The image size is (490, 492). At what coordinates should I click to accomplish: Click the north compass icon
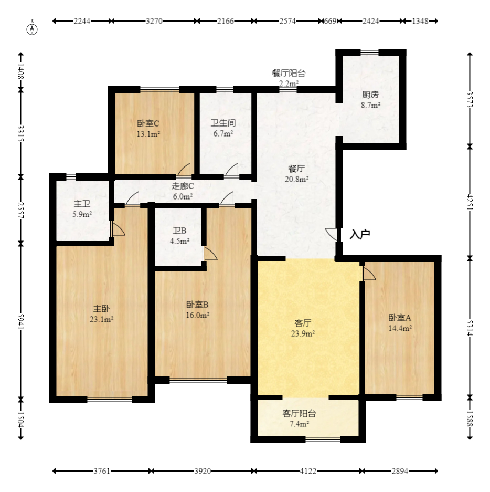coord(33,29)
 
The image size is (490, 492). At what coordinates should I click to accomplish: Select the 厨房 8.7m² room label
coord(370,100)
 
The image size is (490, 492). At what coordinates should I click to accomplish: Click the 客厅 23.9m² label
coord(303,328)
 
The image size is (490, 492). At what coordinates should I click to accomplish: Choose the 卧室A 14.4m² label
coord(400,322)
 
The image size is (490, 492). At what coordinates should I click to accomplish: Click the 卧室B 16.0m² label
coord(198,309)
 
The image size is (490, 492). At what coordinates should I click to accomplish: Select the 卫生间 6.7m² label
coord(222,128)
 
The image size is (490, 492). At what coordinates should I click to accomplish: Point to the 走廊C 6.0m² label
coord(183,191)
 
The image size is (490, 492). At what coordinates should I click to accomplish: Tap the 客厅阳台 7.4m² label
coord(299,418)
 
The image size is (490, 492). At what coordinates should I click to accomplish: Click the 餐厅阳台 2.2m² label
coord(289,78)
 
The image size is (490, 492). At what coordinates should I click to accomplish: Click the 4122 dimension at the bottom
coord(308,471)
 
